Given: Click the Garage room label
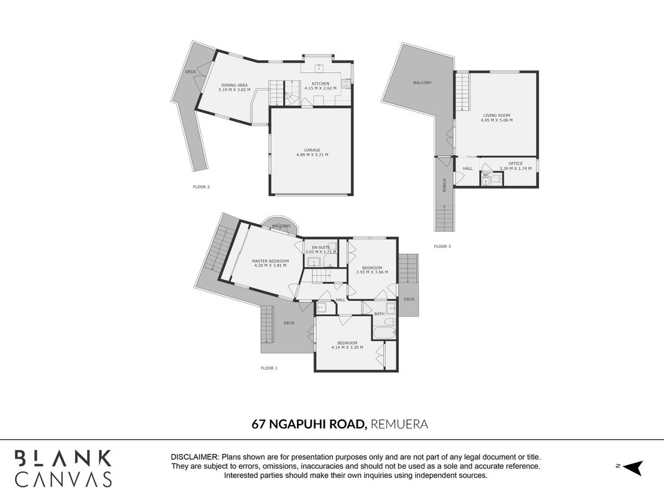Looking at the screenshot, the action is [x=312, y=150].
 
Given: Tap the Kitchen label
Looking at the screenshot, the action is [x=320, y=84].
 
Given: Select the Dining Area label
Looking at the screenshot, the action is [x=234, y=85].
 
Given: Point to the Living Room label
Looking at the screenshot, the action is [x=497, y=115].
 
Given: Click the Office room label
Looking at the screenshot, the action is [x=515, y=164].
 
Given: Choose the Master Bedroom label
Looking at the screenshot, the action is [x=270, y=261].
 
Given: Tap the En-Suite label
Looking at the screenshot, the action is [x=320, y=247].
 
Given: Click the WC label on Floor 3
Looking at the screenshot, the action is [x=486, y=175].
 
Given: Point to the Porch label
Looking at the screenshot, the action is [x=444, y=185].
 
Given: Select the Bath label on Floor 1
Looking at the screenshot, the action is [x=380, y=314].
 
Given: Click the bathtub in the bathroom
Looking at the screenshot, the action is [x=385, y=332].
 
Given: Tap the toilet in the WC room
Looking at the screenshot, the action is [x=495, y=179].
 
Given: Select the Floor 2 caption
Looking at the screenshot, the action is [x=201, y=187].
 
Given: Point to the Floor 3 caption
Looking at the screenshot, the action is [x=442, y=246].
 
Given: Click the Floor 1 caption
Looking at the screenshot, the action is [x=269, y=368].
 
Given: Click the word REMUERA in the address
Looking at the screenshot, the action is [x=400, y=424].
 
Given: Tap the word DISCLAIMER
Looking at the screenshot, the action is [x=195, y=458].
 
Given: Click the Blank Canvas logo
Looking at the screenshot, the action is [x=63, y=468].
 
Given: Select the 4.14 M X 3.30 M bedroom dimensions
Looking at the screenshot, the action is [x=347, y=347].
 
